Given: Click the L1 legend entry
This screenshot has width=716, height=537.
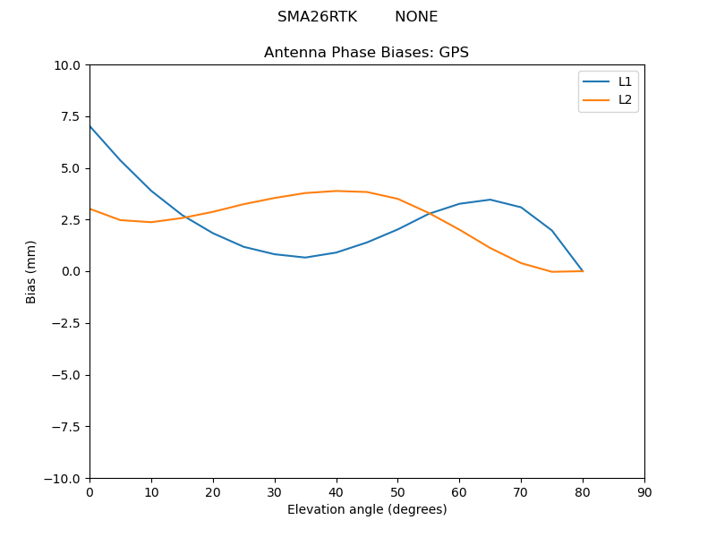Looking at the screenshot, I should click(625, 81).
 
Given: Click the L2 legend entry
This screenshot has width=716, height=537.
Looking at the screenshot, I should click(625, 99).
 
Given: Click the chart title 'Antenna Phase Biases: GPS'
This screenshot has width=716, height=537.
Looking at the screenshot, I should click(366, 53).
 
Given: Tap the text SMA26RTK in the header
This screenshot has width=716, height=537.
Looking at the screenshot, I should click(317, 17).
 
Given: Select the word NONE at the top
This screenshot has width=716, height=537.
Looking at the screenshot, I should click(416, 17).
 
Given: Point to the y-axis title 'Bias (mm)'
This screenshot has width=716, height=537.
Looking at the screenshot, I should click(31, 271).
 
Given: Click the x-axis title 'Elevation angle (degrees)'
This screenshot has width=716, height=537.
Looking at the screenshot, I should click(367, 509).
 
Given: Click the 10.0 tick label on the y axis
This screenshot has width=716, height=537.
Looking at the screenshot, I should click(66, 65).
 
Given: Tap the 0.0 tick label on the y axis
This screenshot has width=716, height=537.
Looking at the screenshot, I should click(70, 271).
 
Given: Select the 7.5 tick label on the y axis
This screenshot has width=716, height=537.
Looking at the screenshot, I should click(70, 116).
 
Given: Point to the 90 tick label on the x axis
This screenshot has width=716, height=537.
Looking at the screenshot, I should click(644, 491).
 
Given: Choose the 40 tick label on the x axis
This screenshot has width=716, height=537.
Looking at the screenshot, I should click(337, 491).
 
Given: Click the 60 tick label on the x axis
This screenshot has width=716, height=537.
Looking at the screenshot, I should click(459, 491).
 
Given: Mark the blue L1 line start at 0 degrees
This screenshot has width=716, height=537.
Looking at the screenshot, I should click(89, 126).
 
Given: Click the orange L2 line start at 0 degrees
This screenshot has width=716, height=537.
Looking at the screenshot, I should click(89, 209).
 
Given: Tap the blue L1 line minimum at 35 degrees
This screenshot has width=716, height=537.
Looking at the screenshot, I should click(305, 258).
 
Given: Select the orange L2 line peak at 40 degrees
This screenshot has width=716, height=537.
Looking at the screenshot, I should click(337, 191).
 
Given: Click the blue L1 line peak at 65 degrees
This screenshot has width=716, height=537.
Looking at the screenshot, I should click(490, 200).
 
